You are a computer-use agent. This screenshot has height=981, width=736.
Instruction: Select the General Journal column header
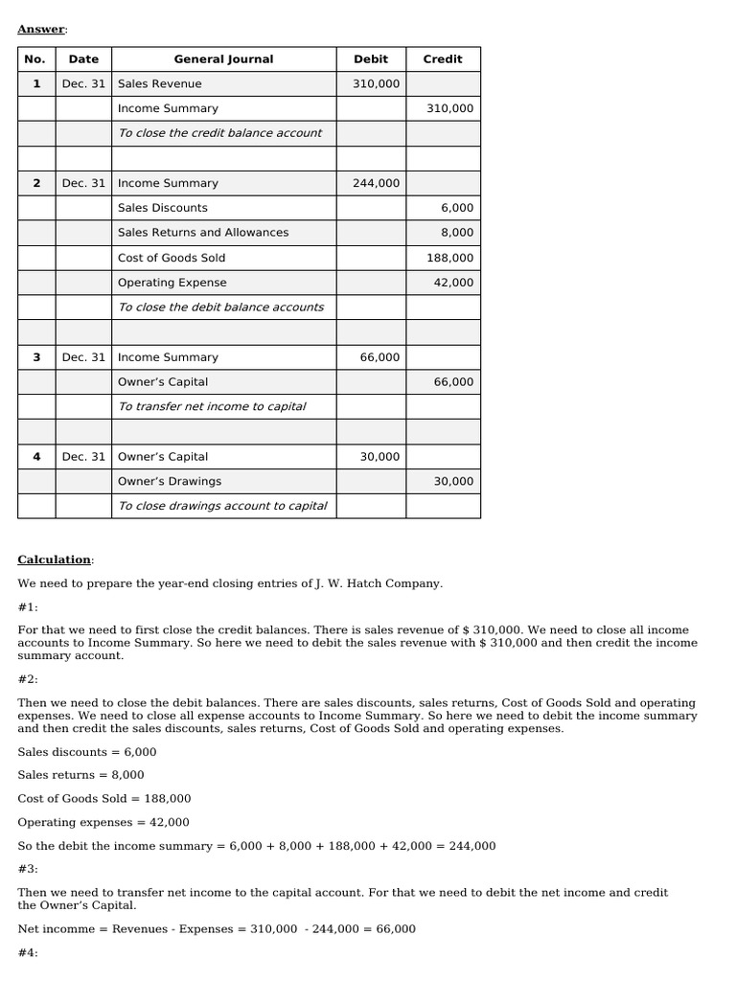223,59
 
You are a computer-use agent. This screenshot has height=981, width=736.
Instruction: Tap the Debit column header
371,59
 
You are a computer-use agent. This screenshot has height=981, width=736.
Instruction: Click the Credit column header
443,59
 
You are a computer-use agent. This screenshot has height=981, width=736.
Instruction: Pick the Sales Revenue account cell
159,84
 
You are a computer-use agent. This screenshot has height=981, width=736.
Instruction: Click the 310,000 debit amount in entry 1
376,84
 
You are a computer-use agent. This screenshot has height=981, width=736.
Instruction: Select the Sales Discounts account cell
162,208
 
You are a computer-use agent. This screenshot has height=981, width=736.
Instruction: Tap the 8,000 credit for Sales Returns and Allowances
456,233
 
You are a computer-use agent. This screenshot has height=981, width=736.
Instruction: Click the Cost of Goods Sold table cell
172,258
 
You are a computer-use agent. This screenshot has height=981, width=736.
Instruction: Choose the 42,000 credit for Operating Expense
453,283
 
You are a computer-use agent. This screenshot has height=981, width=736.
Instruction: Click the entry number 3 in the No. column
36,357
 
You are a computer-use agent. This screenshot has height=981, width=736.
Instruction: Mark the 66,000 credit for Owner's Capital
453,382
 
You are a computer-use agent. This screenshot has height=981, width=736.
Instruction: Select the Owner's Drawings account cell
169,482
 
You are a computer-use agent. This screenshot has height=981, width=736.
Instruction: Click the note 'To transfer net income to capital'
212,407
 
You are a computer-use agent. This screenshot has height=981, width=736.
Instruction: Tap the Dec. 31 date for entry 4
83,457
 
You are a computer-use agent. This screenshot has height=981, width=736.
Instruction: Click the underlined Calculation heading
54,559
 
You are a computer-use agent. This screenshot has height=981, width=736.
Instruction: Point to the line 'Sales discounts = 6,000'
86,752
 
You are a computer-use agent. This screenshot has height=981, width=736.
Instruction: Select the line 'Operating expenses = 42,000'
103,822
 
